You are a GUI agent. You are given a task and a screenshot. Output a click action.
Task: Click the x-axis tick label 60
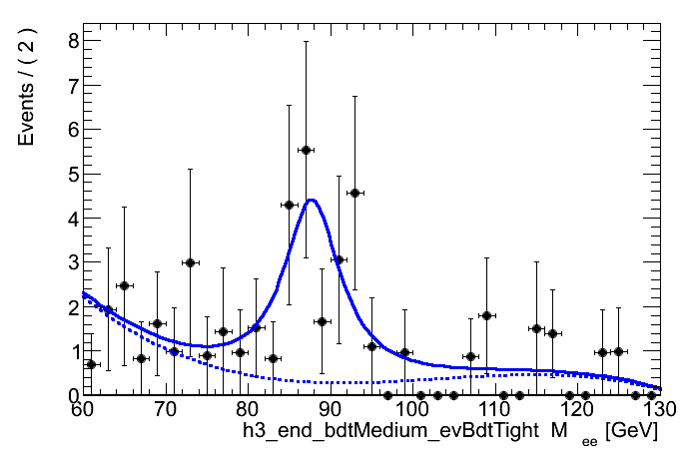pyautogui.click(x=83, y=410)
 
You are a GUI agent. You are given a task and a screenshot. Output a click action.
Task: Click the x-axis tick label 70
pyautogui.click(x=165, y=410)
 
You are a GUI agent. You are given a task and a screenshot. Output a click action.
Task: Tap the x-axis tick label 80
pyautogui.click(x=248, y=410)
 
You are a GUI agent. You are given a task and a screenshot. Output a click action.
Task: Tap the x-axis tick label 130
pyautogui.click(x=657, y=410)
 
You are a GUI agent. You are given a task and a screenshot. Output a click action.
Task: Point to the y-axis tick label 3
pyautogui.click(x=62, y=262)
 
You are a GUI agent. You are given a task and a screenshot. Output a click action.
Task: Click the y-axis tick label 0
pyautogui.click(x=62, y=395)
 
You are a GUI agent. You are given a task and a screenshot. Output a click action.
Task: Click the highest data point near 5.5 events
pyautogui.click(x=306, y=150)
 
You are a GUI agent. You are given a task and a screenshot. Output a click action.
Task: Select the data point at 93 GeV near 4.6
pyautogui.click(x=354, y=192)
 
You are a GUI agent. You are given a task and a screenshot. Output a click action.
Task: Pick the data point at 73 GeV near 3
pyautogui.click(x=190, y=262)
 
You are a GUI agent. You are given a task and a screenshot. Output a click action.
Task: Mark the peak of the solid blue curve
pyautogui.click(x=312, y=200)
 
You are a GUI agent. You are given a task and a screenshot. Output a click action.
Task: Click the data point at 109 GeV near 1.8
pyautogui.click(x=486, y=315)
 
